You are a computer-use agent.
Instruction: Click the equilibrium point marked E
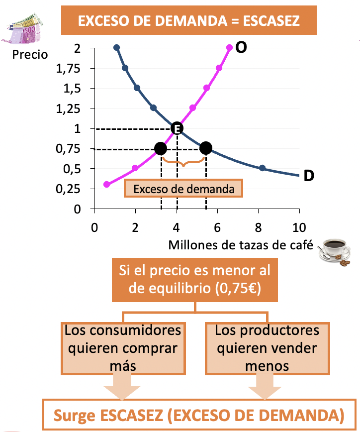click(177, 128)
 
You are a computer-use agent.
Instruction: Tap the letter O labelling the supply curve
click(241, 47)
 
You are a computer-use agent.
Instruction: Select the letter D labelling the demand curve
click(309, 176)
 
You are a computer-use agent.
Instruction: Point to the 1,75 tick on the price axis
click(68, 68)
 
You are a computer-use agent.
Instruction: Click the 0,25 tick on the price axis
click(68, 189)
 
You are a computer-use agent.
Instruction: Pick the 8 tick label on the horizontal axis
click(258, 227)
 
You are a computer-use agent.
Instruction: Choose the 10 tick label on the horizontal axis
click(299, 227)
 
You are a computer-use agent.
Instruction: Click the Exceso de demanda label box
click(183, 189)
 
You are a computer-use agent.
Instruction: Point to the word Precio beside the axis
click(30, 54)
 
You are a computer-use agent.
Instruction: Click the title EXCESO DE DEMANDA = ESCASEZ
click(189, 20)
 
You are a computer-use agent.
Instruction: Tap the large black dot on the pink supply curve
click(161, 149)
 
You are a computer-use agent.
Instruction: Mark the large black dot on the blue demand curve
click(206, 148)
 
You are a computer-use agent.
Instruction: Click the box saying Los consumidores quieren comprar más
click(123, 348)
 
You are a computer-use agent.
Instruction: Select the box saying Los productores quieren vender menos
click(267, 348)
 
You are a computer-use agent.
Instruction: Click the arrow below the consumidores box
click(122, 387)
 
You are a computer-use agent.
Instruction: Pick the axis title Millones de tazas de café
click(241, 245)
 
